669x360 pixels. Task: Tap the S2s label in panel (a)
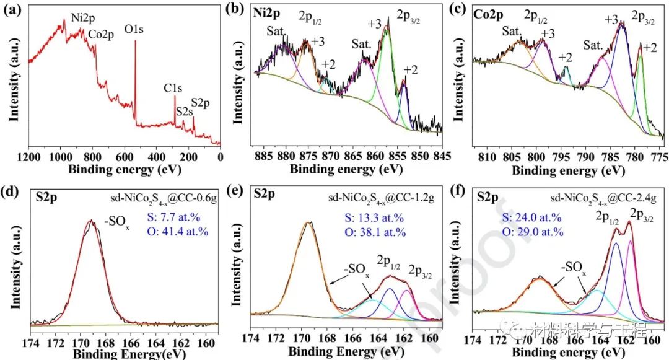(x=184, y=112)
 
